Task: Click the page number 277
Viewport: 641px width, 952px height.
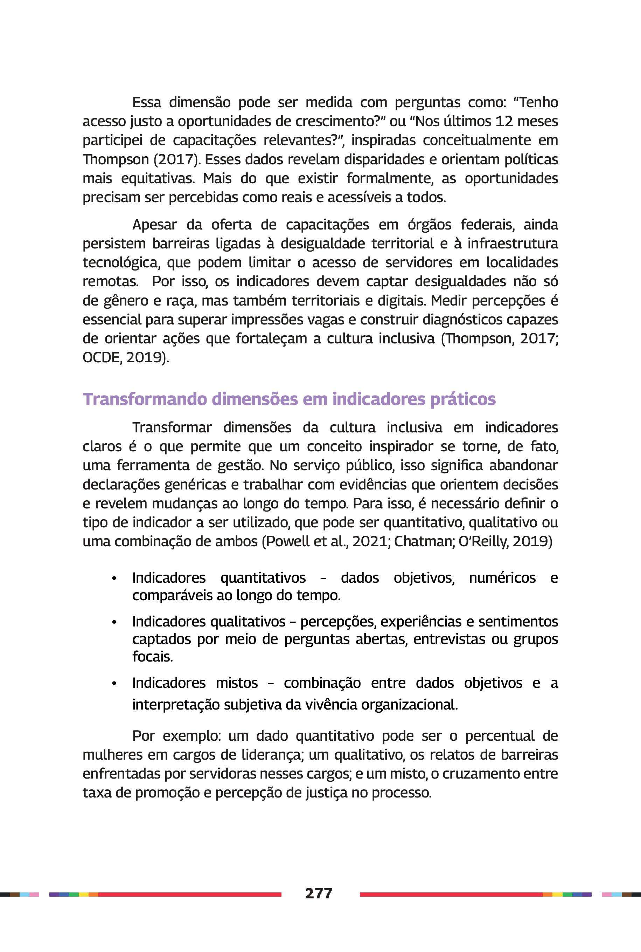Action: (319, 893)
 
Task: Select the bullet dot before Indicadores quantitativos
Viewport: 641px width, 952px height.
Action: (114, 578)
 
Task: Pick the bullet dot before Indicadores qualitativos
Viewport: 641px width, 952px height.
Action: (114, 622)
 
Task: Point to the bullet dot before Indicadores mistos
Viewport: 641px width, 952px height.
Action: (114, 684)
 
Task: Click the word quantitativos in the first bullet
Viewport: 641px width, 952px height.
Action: (263, 578)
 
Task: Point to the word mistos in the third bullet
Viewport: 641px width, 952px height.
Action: (237, 683)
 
